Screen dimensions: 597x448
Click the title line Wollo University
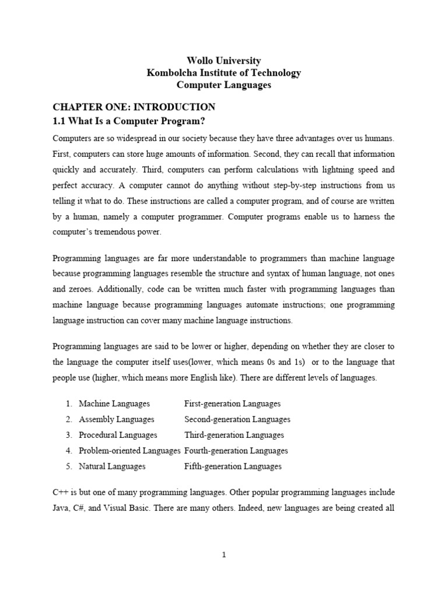(x=223, y=61)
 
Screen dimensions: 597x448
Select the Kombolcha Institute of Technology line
(x=223, y=73)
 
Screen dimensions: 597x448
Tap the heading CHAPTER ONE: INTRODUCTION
(x=134, y=107)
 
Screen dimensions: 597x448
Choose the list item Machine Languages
(x=114, y=403)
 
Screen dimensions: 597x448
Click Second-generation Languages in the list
(x=237, y=419)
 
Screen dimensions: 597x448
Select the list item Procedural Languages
(x=118, y=435)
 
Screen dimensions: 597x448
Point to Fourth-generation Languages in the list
(x=236, y=451)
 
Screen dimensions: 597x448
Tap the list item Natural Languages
(x=112, y=466)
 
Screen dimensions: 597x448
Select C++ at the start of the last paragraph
(x=61, y=492)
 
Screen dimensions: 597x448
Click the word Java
(x=61, y=508)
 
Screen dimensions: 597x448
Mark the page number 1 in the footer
(x=223, y=555)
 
